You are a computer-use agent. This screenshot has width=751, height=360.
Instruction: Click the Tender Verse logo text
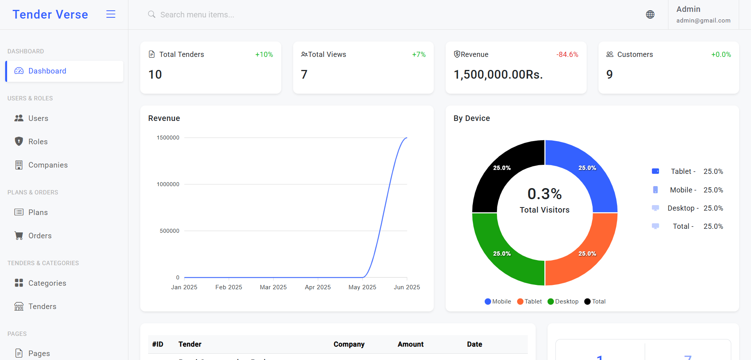point(50,15)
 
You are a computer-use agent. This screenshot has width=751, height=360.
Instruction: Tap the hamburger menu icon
point(111,14)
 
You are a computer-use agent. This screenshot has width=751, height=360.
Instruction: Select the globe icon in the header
point(650,15)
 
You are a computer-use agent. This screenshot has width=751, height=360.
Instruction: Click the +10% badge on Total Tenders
point(264,55)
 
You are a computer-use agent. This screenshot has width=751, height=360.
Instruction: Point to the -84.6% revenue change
point(567,55)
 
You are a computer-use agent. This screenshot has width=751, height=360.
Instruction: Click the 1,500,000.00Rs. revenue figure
point(498,75)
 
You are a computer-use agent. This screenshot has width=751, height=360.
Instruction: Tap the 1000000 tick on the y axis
point(168,184)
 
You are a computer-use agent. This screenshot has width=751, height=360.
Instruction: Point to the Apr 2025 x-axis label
point(318,287)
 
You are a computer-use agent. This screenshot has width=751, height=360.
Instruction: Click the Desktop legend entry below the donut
point(563,302)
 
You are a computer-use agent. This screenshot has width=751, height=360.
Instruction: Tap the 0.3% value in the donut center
point(544,194)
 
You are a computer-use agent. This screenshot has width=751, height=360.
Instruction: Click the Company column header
point(349,344)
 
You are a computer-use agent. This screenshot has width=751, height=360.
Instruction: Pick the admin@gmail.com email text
point(703,21)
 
